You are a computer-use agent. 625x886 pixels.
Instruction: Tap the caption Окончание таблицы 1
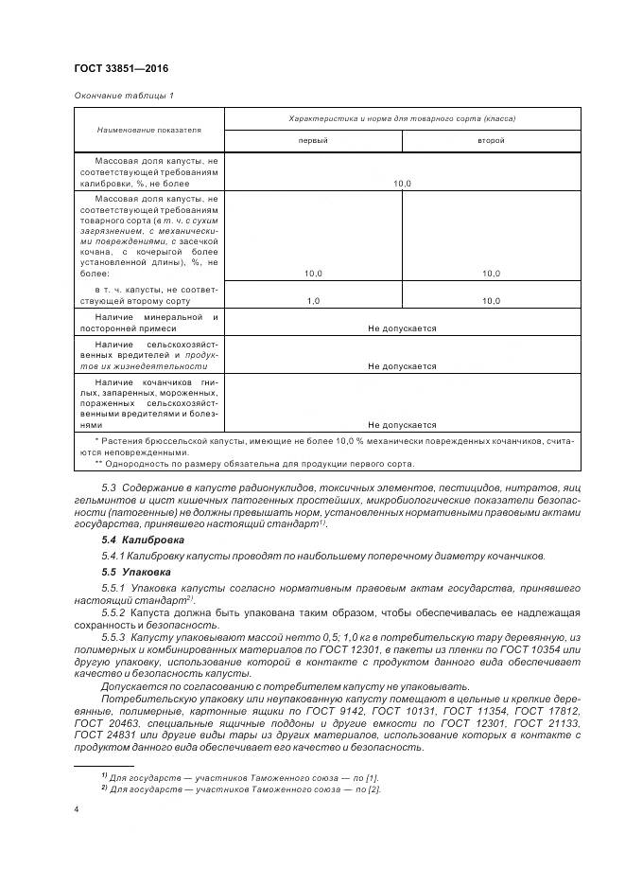click(123, 96)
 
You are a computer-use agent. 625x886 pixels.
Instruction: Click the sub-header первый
click(313, 140)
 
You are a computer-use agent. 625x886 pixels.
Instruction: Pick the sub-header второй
click(490, 140)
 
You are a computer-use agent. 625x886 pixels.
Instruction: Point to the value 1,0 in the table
click(313, 300)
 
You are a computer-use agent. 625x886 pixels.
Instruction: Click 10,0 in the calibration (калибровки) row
click(402, 184)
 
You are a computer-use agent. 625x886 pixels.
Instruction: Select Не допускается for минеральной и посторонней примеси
click(402, 328)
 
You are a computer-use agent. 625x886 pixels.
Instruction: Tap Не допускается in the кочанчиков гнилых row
click(402, 425)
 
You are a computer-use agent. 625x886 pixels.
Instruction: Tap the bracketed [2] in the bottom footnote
click(373, 789)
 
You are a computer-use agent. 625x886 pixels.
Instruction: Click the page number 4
click(76, 810)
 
